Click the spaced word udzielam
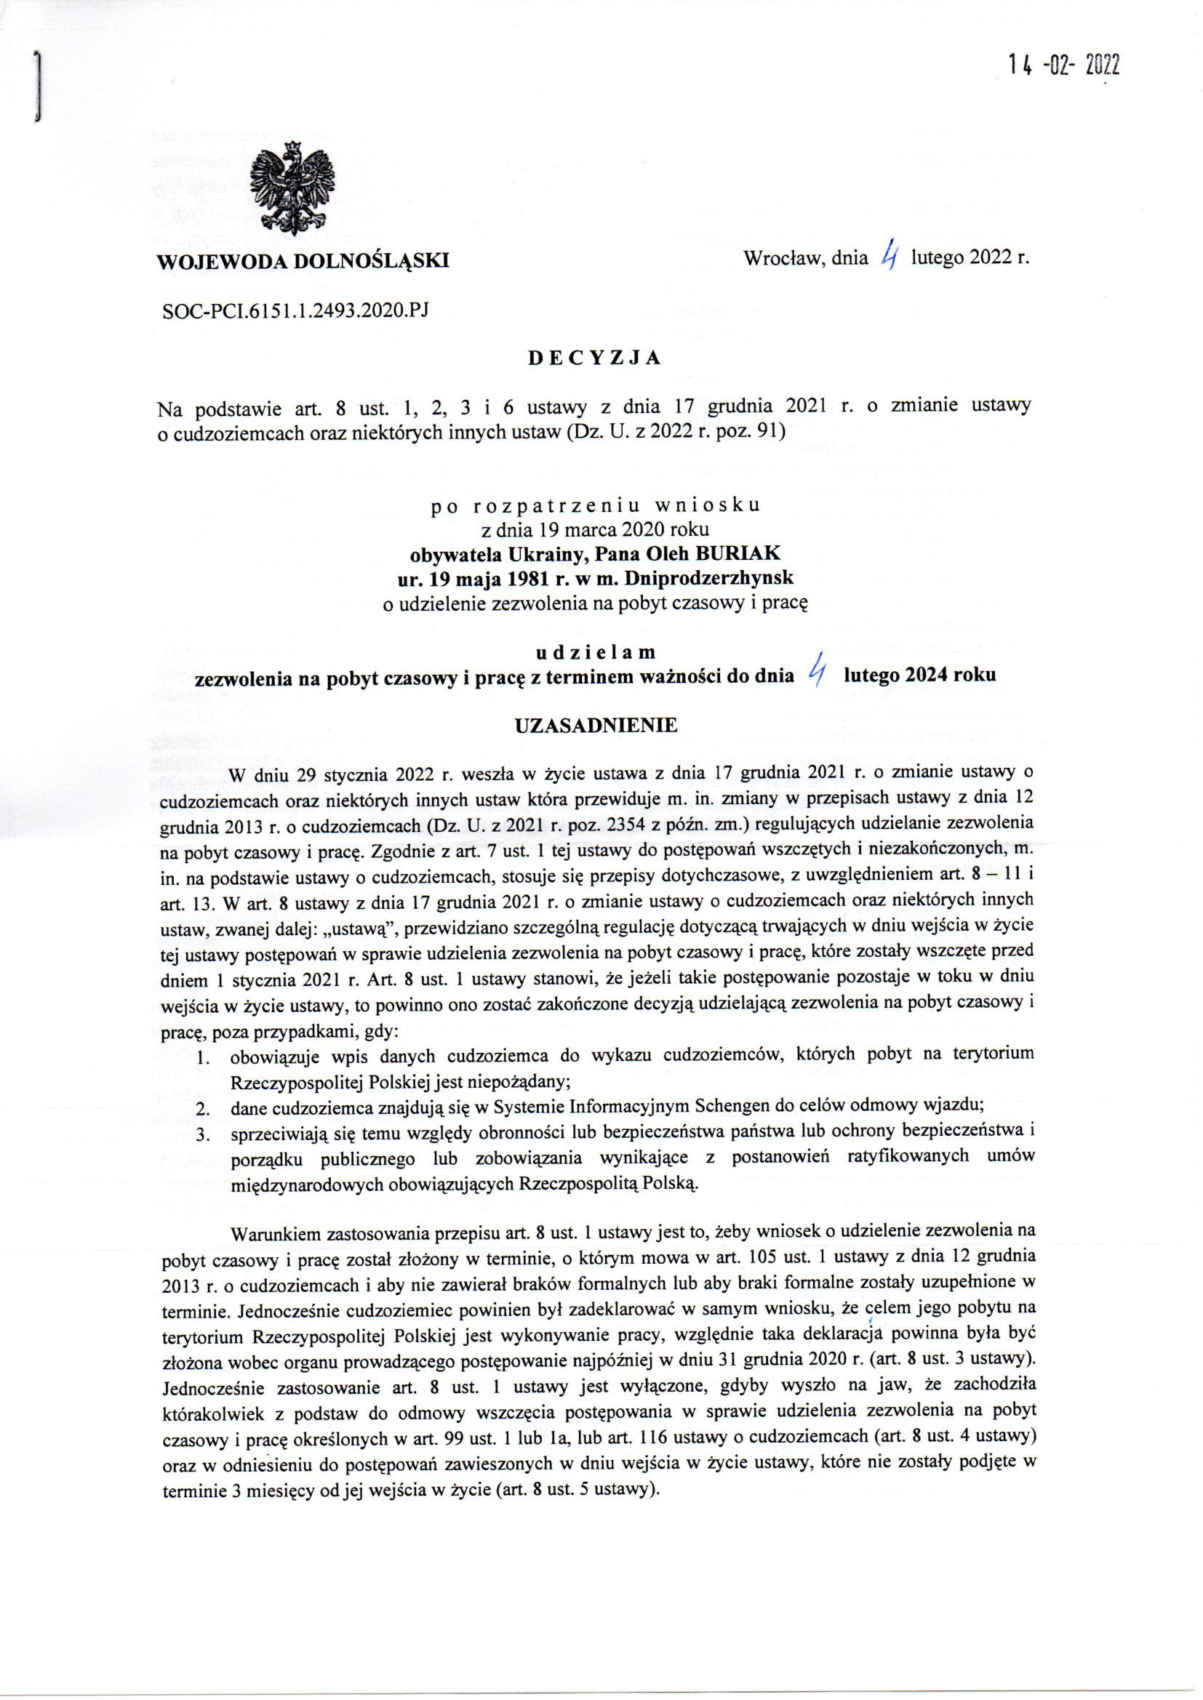click(596, 652)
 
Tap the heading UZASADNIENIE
click(596, 726)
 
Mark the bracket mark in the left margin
click(35, 87)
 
